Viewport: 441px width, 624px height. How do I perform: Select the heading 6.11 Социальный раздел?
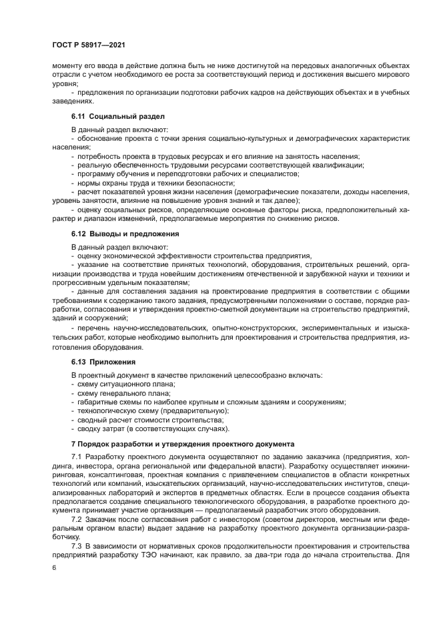[108, 116]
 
